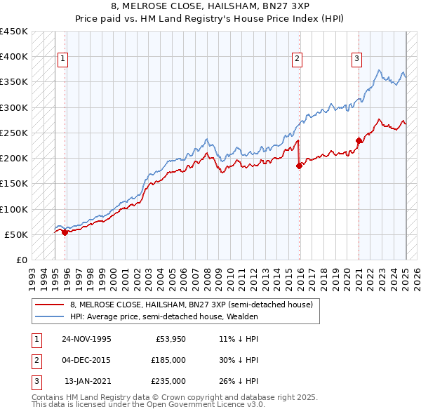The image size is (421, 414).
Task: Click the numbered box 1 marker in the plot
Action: [x=62, y=59]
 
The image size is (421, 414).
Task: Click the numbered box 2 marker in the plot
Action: [x=298, y=59]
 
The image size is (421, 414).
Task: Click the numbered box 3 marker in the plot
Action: [x=356, y=59]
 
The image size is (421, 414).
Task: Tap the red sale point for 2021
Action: [x=359, y=140]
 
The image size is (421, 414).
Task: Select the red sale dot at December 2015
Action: [x=299, y=166]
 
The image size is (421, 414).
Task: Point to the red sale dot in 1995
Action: [x=65, y=232]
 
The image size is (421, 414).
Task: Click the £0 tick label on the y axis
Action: [x=21, y=260]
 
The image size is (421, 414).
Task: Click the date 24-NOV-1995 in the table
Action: [x=86, y=339]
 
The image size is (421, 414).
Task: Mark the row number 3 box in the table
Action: [x=35, y=381]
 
